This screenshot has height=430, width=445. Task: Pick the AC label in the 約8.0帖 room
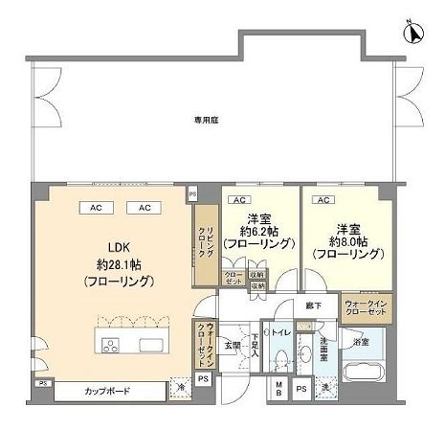(323, 200)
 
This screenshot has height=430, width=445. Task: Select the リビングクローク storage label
(205, 243)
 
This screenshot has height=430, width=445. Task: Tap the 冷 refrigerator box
(179, 389)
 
